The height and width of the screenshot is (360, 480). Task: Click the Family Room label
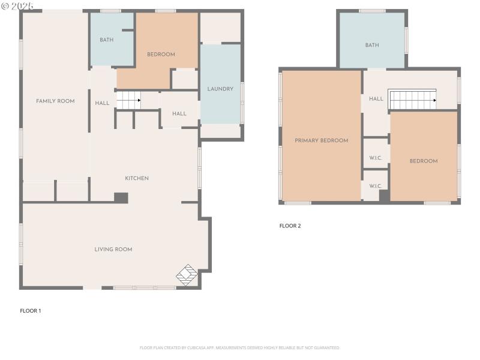[55, 101]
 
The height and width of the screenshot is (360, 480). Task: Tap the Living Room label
[113, 250]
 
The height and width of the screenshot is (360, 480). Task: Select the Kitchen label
[137, 178]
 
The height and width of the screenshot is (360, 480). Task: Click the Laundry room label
[220, 89]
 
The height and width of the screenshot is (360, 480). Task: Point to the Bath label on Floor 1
[106, 40]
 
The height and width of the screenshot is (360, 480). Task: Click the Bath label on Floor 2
[372, 45]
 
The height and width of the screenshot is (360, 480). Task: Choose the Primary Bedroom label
[321, 140]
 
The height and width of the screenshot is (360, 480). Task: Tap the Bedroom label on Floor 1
[161, 55]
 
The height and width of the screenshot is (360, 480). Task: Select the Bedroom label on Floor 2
[424, 161]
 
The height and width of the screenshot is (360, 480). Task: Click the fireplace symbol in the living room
[187, 274]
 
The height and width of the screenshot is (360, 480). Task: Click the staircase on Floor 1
[128, 100]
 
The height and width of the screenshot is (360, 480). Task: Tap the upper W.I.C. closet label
[376, 158]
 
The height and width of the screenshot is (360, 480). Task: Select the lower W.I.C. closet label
[376, 186]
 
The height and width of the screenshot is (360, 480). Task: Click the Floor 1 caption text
[31, 311]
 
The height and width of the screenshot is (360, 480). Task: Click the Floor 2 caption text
[290, 226]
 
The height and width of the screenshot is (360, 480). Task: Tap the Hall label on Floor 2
[376, 99]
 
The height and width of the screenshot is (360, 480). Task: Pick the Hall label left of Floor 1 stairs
[102, 103]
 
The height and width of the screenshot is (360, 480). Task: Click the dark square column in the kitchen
[121, 197]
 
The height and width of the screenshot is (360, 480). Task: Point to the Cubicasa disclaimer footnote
[240, 347]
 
